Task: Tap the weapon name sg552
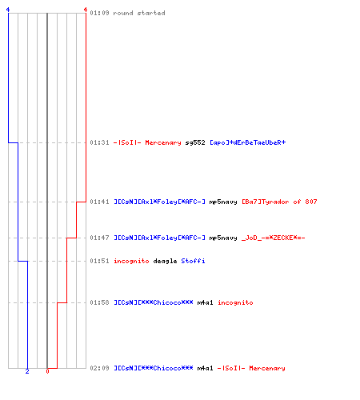(x=195, y=142)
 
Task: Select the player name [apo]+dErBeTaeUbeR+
(x=248, y=142)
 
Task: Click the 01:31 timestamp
(x=99, y=142)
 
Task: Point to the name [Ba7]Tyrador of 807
(x=279, y=202)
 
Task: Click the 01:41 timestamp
(x=99, y=202)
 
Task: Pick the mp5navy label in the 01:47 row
(x=223, y=238)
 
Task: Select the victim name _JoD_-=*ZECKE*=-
(x=274, y=238)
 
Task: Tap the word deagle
(x=165, y=261)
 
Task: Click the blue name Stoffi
(x=193, y=261)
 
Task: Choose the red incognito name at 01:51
(x=131, y=261)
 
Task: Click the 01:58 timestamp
(x=99, y=302)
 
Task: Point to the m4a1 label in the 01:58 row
(x=206, y=302)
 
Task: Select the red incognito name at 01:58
(x=235, y=302)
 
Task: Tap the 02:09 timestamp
(x=99, y=368)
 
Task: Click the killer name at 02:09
(x=154, y=368)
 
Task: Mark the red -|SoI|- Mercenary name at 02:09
(x=251, y=368)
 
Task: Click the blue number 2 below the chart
(x=27, y=371)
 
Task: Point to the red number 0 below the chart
(x=47, y=371)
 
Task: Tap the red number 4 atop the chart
(x=86, y=10)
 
